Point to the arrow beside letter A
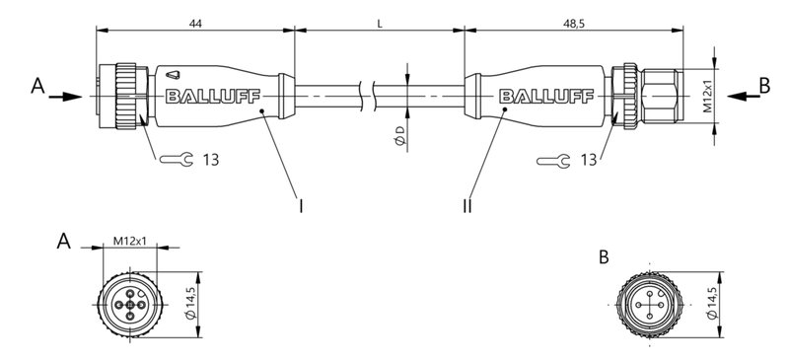65,96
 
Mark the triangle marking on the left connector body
174,73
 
